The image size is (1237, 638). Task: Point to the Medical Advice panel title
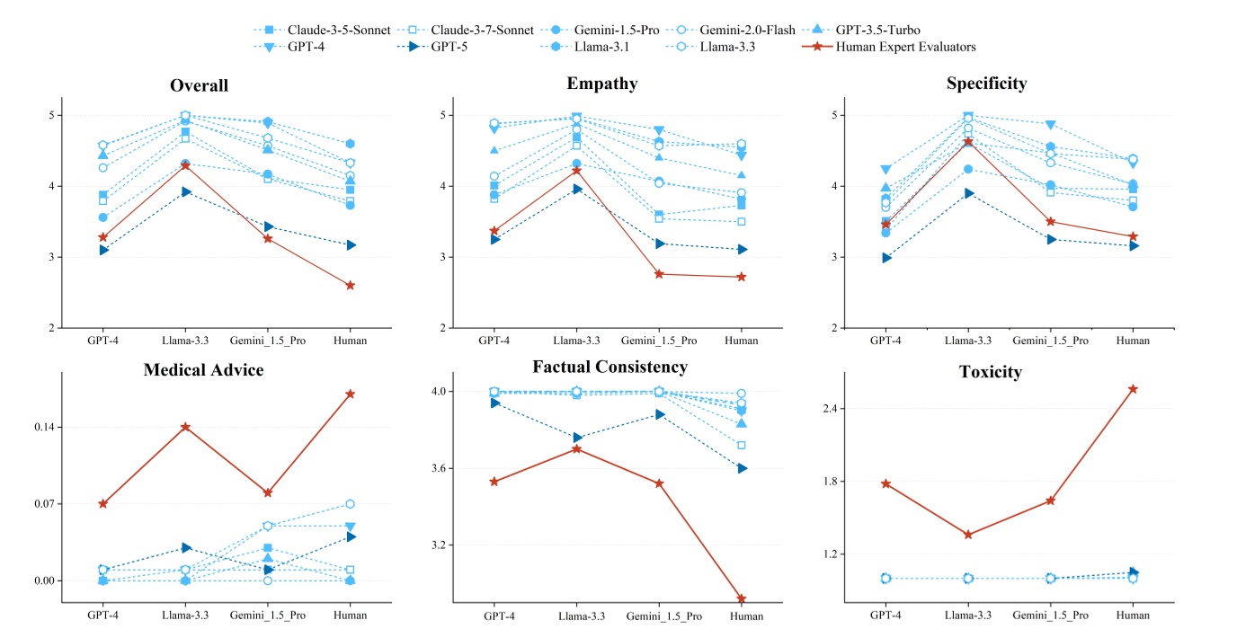tap(203, 370)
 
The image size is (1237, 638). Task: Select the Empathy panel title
tap(602, 84)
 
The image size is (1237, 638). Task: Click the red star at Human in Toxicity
tap(1133, 389)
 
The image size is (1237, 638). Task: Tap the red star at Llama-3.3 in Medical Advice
tap(185, 427)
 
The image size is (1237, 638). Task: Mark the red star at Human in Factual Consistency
tap(742, 598)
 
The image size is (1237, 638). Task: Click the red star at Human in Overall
tap(350, 286)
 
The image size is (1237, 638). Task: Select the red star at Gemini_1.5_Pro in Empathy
tap(659, 274)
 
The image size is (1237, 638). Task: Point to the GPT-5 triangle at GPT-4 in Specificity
tap(886, 258)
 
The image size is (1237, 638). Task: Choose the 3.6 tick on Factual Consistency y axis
tap(446, 468)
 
